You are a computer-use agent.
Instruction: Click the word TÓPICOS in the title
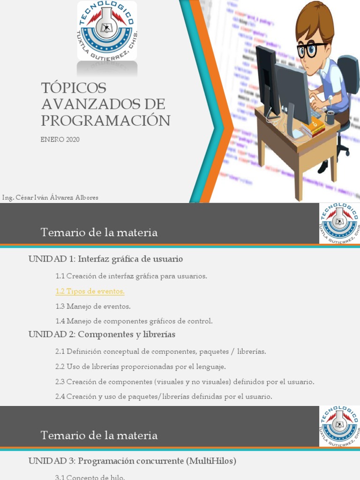74,88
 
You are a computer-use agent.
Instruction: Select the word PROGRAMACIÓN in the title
105,120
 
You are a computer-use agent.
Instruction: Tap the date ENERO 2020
60,139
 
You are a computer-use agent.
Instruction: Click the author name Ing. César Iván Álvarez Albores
51,197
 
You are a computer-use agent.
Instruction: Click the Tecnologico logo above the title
107,30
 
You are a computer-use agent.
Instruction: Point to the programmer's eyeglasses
311,49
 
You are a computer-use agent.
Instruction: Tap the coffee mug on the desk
330,118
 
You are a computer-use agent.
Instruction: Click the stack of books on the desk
313,127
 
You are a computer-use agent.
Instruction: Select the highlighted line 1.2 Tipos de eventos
90,291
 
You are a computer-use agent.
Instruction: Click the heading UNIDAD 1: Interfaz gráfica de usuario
105,259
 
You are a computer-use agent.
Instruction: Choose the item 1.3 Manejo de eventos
93,306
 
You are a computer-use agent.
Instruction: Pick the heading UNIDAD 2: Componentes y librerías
102,334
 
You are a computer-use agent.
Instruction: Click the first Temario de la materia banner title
99,232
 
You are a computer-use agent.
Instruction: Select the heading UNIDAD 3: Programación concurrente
132,461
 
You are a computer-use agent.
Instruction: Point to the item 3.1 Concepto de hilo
90,477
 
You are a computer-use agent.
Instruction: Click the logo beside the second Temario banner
339,426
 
